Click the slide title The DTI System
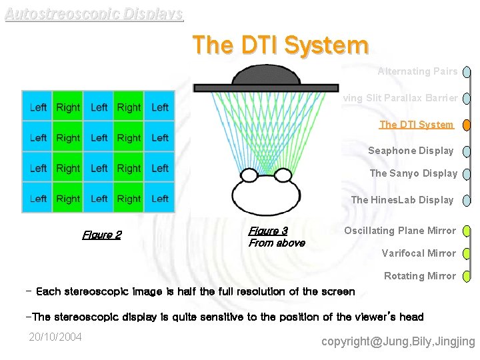click(x=280, y=45)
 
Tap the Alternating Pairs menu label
click(x=417, y=71)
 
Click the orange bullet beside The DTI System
click(x=467, y=125)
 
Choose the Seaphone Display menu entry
click(x=411, y=151)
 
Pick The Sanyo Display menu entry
click(x=413, y=173)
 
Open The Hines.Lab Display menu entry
click(x=402, y=199)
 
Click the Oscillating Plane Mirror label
click(x=400, y=231)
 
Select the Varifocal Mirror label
click(x=419, y=253)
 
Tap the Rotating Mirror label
click(x=420, y=276)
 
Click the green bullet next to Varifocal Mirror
click(x=467, y=254)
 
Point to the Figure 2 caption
click(x=101, y=235)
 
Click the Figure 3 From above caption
click(x=276, y=237)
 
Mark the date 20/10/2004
click(x=55, y=337)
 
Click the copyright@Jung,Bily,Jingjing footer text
click(x=398, y=342)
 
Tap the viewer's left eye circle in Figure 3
click(x=249, y=176)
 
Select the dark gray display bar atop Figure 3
click(x=257, y=87)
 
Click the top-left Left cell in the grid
click(x=38, y=107)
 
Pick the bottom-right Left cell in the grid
click(x=160, y=199)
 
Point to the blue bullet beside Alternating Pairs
click(x=467, y=72)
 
